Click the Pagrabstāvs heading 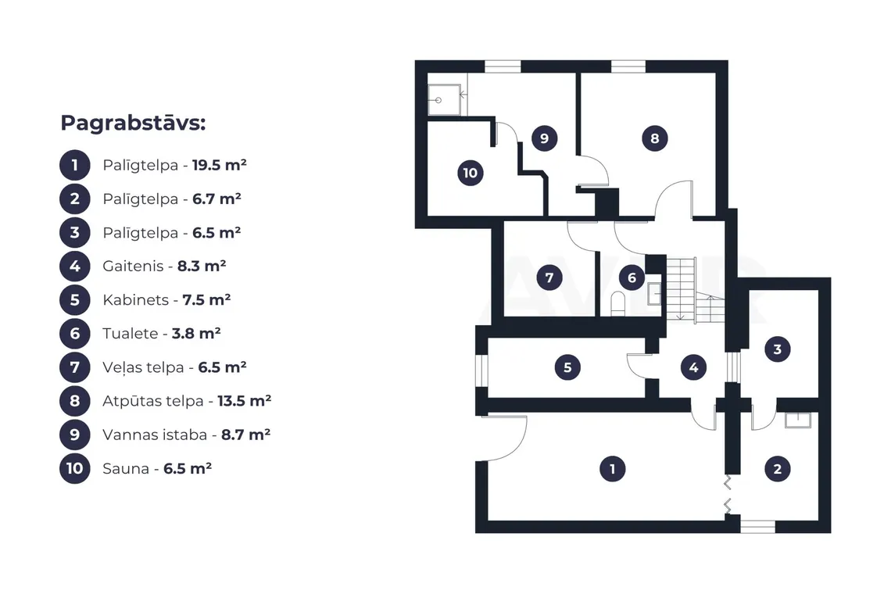(133, 123)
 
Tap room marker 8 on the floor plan (655, 138)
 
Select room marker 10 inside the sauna (471, 173)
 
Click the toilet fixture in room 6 (617, 303)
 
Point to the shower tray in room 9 (444, 100)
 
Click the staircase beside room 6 (694, 290)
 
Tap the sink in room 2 (798, 420)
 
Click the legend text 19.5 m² (220, 165)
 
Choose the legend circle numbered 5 (75, 299)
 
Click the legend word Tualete (130, 333)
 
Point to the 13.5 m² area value (245, 401)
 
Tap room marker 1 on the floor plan (612, 469)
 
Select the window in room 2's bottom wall (757, 526)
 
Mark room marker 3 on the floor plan (778, 349)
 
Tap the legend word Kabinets (136, 299)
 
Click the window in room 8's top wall (628, 66)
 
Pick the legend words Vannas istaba (155, 435)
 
